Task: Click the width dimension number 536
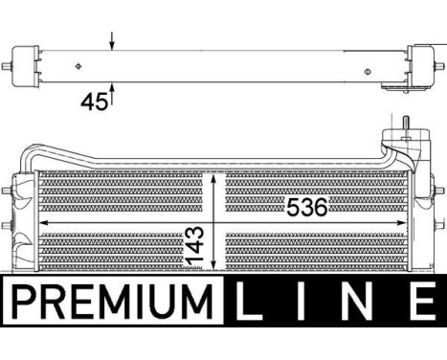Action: pos(305,208)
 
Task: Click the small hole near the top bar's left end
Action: pos(78,67)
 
